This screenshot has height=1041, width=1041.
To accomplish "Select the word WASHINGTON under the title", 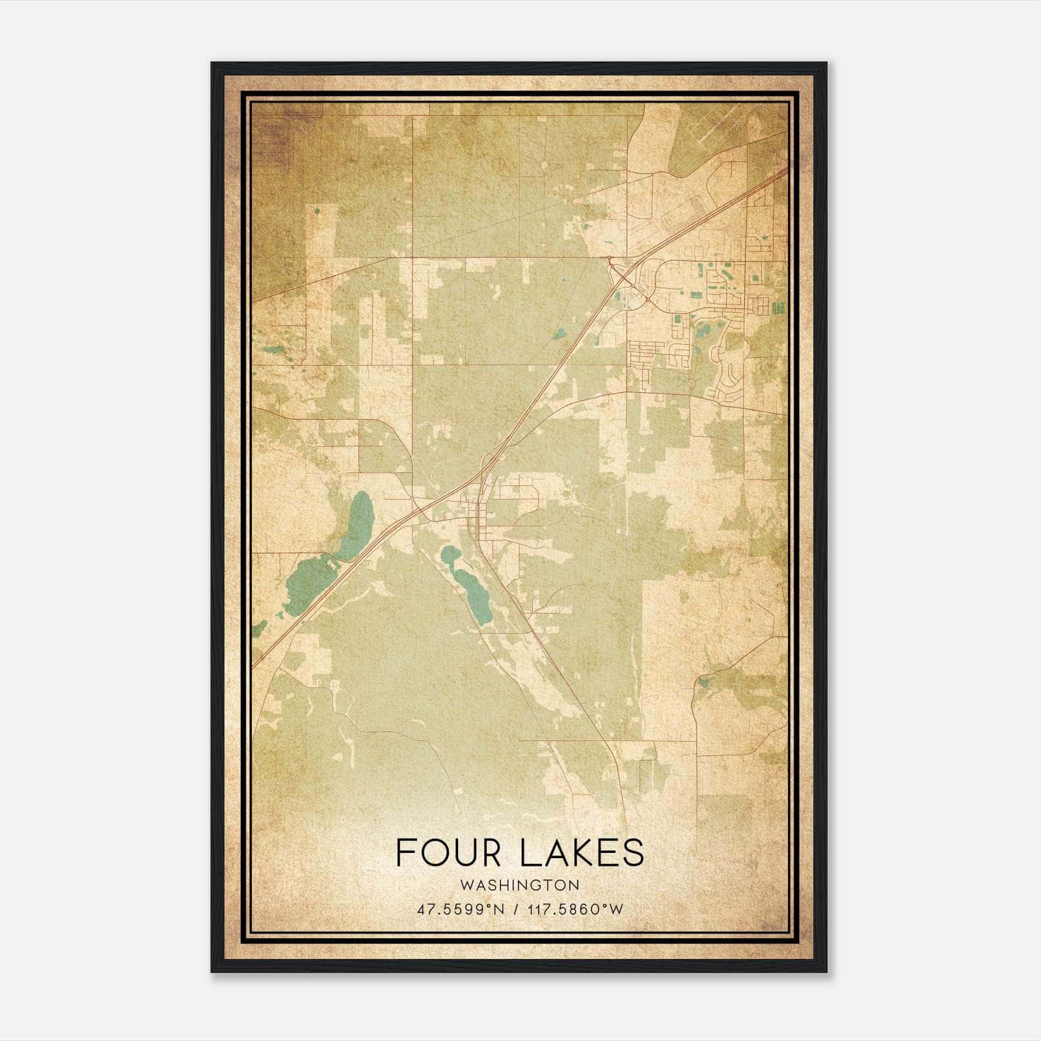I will coord(519,885).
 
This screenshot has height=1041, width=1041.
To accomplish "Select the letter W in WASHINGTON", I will coord(466,885).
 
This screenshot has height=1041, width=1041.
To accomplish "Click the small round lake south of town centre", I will coord(449,555).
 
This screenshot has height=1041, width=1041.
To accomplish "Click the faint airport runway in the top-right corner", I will coord(729,124).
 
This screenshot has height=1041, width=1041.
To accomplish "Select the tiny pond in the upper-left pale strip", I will coord(317,210).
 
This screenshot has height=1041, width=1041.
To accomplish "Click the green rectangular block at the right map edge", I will coord(778,306).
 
